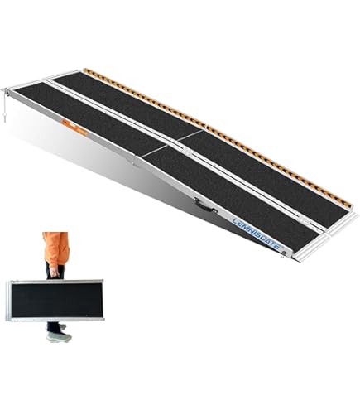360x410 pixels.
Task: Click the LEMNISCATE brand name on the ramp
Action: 257,234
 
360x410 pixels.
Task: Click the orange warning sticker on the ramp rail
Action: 74,127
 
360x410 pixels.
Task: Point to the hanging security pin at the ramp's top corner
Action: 6,106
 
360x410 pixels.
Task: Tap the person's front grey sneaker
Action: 59,337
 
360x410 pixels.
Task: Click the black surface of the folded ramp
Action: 57,300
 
